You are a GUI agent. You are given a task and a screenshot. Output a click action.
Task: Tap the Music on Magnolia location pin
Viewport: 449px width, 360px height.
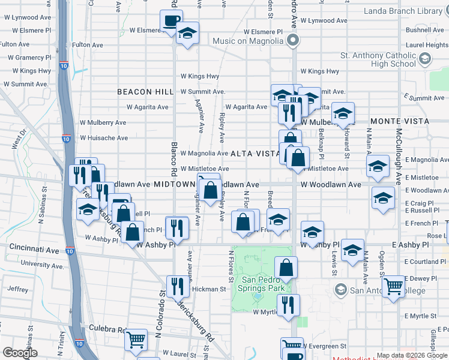click(293, 41)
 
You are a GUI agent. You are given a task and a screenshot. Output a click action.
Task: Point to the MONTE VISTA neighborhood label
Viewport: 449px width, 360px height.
click(399, 121)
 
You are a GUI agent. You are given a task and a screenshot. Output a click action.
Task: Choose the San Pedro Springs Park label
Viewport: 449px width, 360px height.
click(262, 284)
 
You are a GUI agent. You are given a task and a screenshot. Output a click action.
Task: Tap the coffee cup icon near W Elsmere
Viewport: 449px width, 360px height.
click(171, 21)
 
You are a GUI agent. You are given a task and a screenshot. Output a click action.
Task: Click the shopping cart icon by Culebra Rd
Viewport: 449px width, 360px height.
click(136, 340)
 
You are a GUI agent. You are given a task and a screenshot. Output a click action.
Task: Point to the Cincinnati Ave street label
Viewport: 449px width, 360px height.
click(33, 247)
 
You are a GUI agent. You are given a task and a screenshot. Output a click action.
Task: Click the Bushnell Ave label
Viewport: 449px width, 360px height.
click(424, 29)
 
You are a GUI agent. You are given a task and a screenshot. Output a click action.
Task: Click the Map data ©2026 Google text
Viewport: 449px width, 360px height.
click(412, 355)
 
